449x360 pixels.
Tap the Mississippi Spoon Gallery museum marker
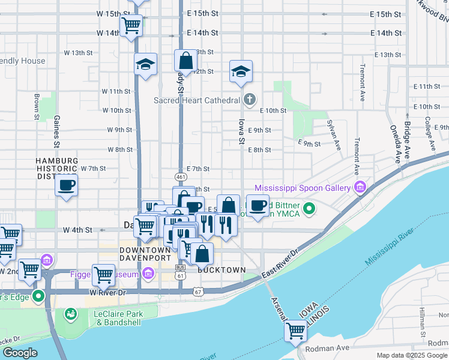tap(360, 188)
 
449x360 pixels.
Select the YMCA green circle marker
tap(309, 209)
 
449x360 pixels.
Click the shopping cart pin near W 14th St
tap(131, 25)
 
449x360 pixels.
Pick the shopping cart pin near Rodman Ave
tap(295, 330)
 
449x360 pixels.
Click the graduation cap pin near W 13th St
tap(145, 64)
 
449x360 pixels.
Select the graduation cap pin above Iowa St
tap(241, 71)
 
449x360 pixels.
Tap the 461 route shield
tap(181, 177)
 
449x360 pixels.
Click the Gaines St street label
tap(57, 131)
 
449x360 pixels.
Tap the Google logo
tap(20, 353)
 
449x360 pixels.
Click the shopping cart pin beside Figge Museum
tap(103, 274)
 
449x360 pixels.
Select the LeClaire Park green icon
tap(71, 314)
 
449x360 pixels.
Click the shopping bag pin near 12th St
tap(185, 60)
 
